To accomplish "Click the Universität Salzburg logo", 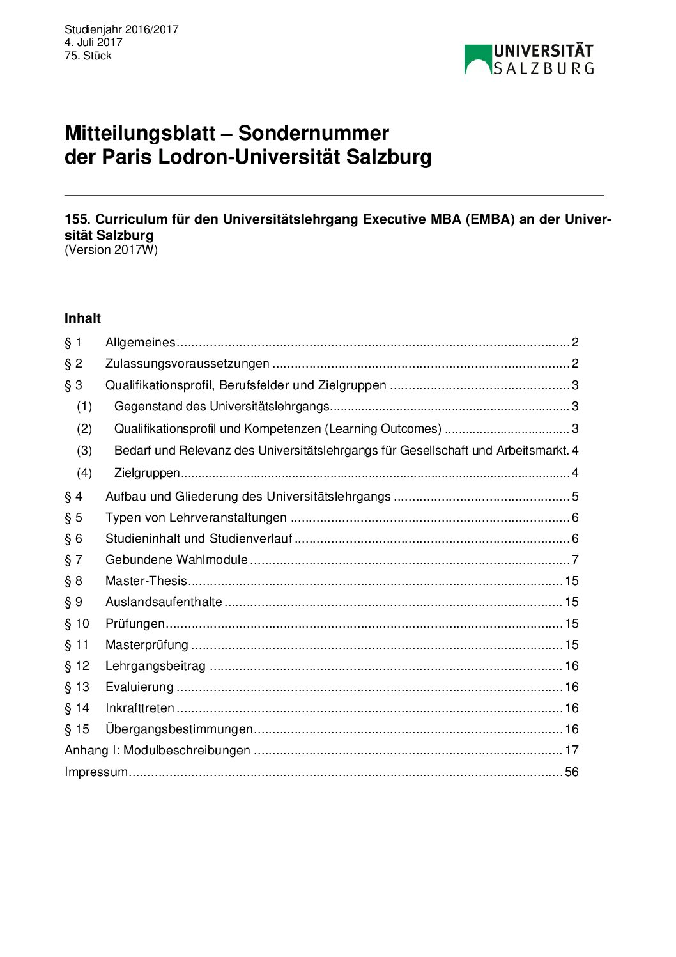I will tap(529, 59).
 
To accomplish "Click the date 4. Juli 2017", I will tap(93, 42).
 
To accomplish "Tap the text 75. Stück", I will tap(88, 56).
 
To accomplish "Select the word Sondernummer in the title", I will tap(313, 133).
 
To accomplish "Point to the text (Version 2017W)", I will tap(111, 250).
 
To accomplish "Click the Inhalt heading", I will tap(82, 318).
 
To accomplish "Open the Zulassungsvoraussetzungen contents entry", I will tap(187, 364).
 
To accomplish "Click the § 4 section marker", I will tap(73, 497).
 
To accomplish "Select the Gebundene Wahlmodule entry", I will tap(176, 560).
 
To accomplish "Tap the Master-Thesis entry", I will tap(146, 581).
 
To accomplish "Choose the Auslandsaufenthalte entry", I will tap(164, 602).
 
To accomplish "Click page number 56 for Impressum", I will tap(571, 772).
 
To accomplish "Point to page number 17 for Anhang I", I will tap(571, 751).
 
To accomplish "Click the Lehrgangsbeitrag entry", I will tap(155, 666).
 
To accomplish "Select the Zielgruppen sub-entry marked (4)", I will tap(147, 473).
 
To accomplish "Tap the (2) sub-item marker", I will tap(84, 429).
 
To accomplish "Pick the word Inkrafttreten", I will tap(140, 708).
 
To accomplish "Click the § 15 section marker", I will tap(77, 729).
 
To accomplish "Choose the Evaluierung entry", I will tap(139, 687).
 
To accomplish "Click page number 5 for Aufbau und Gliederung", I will tap(575, 497).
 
